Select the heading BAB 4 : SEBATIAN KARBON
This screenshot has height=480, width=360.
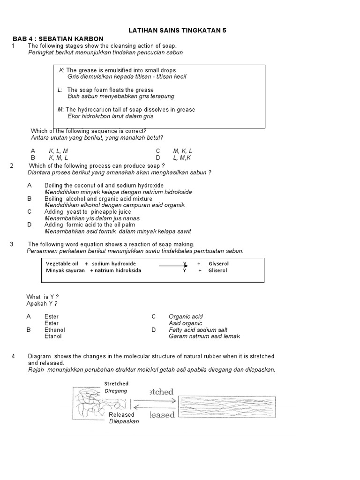(x=58, y=38)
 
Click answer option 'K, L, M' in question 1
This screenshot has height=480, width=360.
(x=58, y=151)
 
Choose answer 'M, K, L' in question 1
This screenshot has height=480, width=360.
(x=182, y=151)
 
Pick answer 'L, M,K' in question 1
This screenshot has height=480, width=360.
(x=182, y=158)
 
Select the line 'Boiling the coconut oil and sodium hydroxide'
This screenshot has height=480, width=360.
(x=104, y=186)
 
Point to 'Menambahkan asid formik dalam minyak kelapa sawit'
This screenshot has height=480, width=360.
(x=118, y=232)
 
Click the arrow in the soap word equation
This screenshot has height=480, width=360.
(x=173, y=265)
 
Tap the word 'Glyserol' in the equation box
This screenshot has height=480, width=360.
(x=218, y=264)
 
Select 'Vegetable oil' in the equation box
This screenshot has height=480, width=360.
(x=62, y=264)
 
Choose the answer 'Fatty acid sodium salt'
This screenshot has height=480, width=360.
(x=198, y=330)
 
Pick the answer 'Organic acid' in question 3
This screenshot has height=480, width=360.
(x=186, y=317)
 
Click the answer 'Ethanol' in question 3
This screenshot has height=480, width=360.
(x=55, y=330)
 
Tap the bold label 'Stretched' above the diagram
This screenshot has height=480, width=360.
(x=116, y=383)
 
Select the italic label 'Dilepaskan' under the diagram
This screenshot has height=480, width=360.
(x=124, y=421)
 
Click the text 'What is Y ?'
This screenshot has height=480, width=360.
(x=43, y=297)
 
